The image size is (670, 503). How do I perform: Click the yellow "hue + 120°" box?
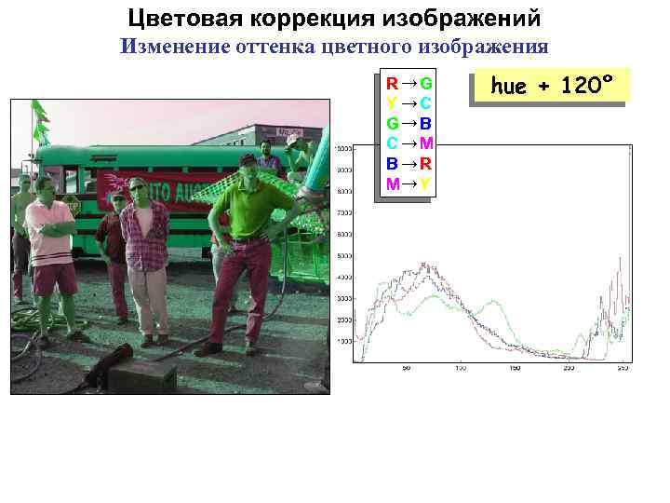[552, 87]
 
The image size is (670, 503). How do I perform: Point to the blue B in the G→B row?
[424, 123]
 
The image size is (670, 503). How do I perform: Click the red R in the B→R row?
[424, 163]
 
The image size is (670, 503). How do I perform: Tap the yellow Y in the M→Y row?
[424, 184]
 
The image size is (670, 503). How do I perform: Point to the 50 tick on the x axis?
[407, 369]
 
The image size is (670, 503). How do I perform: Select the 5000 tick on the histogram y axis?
[343, 255]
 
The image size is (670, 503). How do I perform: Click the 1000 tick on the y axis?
[343, 341]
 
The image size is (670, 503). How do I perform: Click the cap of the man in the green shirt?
[248, 159]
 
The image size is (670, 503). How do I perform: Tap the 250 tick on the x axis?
[569, 369]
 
